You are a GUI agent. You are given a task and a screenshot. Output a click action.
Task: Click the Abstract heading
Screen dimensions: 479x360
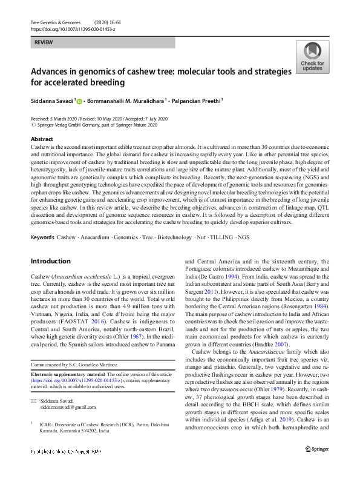click(42, 139)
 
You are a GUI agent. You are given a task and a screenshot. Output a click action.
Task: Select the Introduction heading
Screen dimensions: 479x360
click(51, 261)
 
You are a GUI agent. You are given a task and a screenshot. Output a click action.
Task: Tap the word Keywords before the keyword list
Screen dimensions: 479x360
click(42, 236)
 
